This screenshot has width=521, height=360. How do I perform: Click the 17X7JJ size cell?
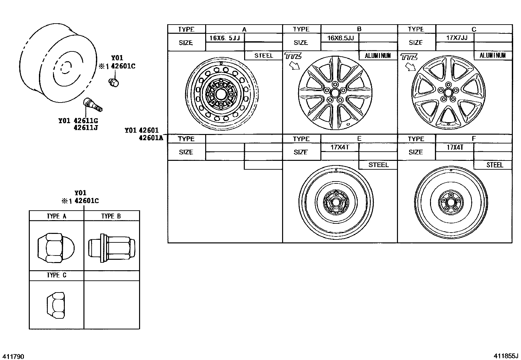click(x=455, y=38)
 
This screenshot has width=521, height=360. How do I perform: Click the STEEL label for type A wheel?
click(x=263, y=55)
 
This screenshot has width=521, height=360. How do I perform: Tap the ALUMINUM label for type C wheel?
click(x=493, y=55)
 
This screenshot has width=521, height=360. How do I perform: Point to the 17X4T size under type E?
click(x=340, y=147)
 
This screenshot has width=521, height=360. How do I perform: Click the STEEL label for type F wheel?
click(x=494, y=165)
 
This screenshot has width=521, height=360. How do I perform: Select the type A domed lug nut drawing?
click(x=56, y=248)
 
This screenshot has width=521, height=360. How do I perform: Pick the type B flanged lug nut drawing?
click(x=112, y=248)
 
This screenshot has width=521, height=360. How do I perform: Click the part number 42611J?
click(x=86, y=127)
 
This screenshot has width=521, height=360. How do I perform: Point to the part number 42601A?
click(x=151, y=138)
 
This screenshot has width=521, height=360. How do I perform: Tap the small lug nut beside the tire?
click(x=114, y=82)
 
